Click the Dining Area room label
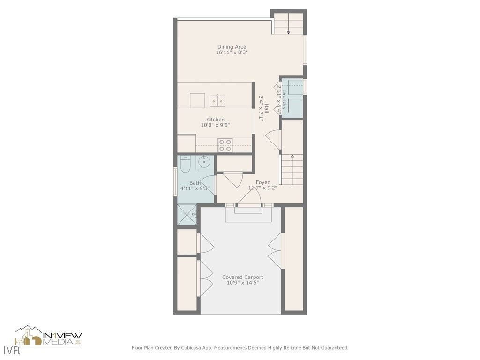pos(232,47)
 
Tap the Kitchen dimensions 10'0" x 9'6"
pos(215,125)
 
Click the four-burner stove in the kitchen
pos(225,145)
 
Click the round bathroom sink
pos(204,163)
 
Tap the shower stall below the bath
pos(187,215)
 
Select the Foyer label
pos(262,182)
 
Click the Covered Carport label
pos(242,277)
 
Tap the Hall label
pos(266,108)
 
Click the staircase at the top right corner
pos(288,23)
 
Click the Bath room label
pos(195,183)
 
